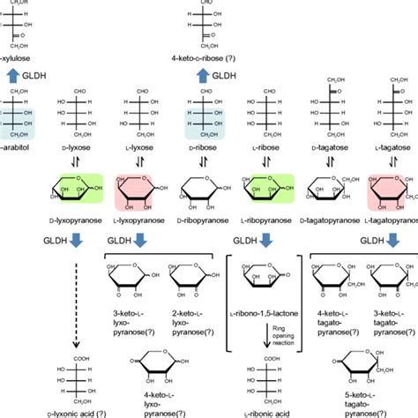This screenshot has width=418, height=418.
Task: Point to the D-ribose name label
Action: [206, 162]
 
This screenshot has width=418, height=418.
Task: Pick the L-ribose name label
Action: [268, 162]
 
